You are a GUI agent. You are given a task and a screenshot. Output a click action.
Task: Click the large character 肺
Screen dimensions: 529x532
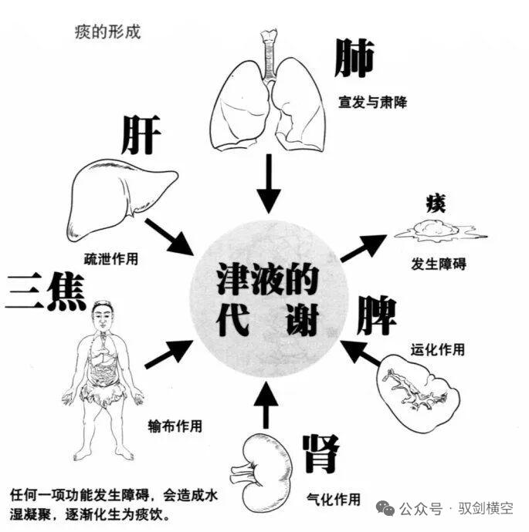(354, 58)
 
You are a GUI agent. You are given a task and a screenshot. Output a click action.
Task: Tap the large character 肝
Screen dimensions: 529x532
(141, 135)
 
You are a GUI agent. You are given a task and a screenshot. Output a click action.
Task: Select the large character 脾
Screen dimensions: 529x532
(376, 315)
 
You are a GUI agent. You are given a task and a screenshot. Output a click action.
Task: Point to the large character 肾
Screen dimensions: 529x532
(320, 453)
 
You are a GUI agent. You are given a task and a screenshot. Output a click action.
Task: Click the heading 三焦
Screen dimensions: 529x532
(46, 291)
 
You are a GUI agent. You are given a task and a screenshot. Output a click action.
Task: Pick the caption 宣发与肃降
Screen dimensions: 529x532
(373, 102)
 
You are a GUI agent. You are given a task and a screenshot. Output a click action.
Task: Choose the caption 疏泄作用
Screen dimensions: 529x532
(111, 259)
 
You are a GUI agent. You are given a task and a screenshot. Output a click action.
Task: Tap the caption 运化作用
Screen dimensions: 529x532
(438, 349)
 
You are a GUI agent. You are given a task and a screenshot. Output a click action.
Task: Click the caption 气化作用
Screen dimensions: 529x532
(334, 500)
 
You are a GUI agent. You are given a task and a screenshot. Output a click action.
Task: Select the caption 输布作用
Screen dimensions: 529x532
(175, 426)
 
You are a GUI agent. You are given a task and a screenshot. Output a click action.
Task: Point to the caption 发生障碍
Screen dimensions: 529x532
(439, 264)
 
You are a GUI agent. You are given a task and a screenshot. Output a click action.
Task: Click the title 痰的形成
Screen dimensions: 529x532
(107, 32)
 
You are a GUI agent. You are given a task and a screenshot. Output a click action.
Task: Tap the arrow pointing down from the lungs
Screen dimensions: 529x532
(269, 184)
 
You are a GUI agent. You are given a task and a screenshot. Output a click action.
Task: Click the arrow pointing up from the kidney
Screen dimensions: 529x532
(266, 405)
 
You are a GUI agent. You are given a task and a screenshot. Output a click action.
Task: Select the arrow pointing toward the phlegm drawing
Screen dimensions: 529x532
(364, 247)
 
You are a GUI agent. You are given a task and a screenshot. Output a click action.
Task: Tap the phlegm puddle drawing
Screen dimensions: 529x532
(440, 230)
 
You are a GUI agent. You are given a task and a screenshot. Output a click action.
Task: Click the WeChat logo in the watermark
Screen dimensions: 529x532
(385, 509)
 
